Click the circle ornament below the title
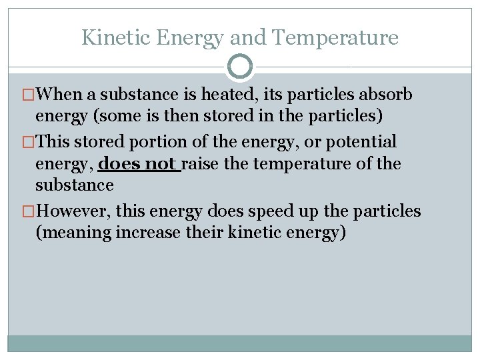240,67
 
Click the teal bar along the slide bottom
240,343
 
